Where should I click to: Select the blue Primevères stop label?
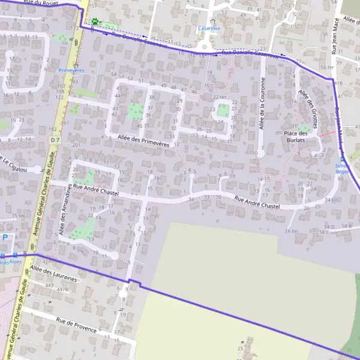coord(71,70)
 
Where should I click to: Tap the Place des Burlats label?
coord(295,136)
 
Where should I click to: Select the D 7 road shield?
coord(56,140)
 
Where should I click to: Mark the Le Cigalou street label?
coord(14,164)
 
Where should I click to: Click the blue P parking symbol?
coord(5,237)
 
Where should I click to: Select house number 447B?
coord(62,289)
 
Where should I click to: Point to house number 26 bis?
coord(292,231)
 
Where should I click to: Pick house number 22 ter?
coord(220,97)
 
